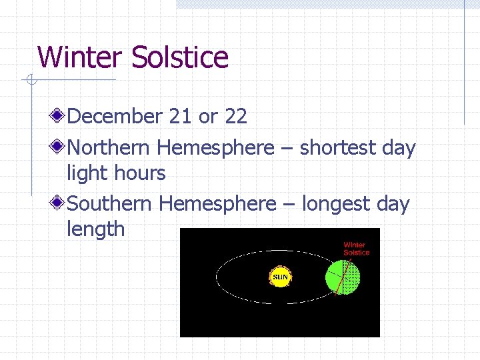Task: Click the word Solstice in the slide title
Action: tap(180, 57)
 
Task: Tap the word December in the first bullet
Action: tap(115, 117)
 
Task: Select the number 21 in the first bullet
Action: tap(180, 117)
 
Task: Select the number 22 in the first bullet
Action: tap(236, 117)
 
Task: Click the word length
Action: tap(95, 229)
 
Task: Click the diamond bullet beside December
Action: tap(59, 117)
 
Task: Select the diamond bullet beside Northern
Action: tap(59, 147)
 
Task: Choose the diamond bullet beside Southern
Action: tap(59, 203)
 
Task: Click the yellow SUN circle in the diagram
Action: tap(280, 277)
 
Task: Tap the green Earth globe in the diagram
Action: tap(342, 276)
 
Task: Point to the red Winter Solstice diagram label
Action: tap(356, 249)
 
